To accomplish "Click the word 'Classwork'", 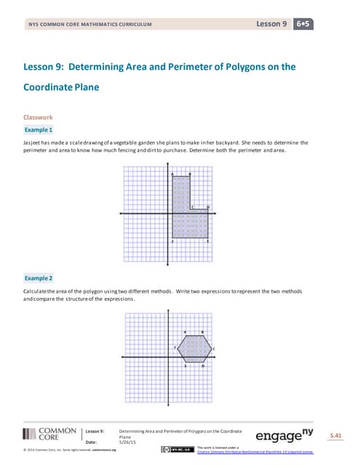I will (x=37, y=116).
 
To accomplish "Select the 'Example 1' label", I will (x=39, y=129).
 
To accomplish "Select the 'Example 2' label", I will (x=39, y=278).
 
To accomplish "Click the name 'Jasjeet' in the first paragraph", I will (x=32, y=142).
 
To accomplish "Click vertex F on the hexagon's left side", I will (x=178, y=349).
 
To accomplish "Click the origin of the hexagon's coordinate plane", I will (x=169, y=349).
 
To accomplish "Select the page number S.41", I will (x=335, y=434).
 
